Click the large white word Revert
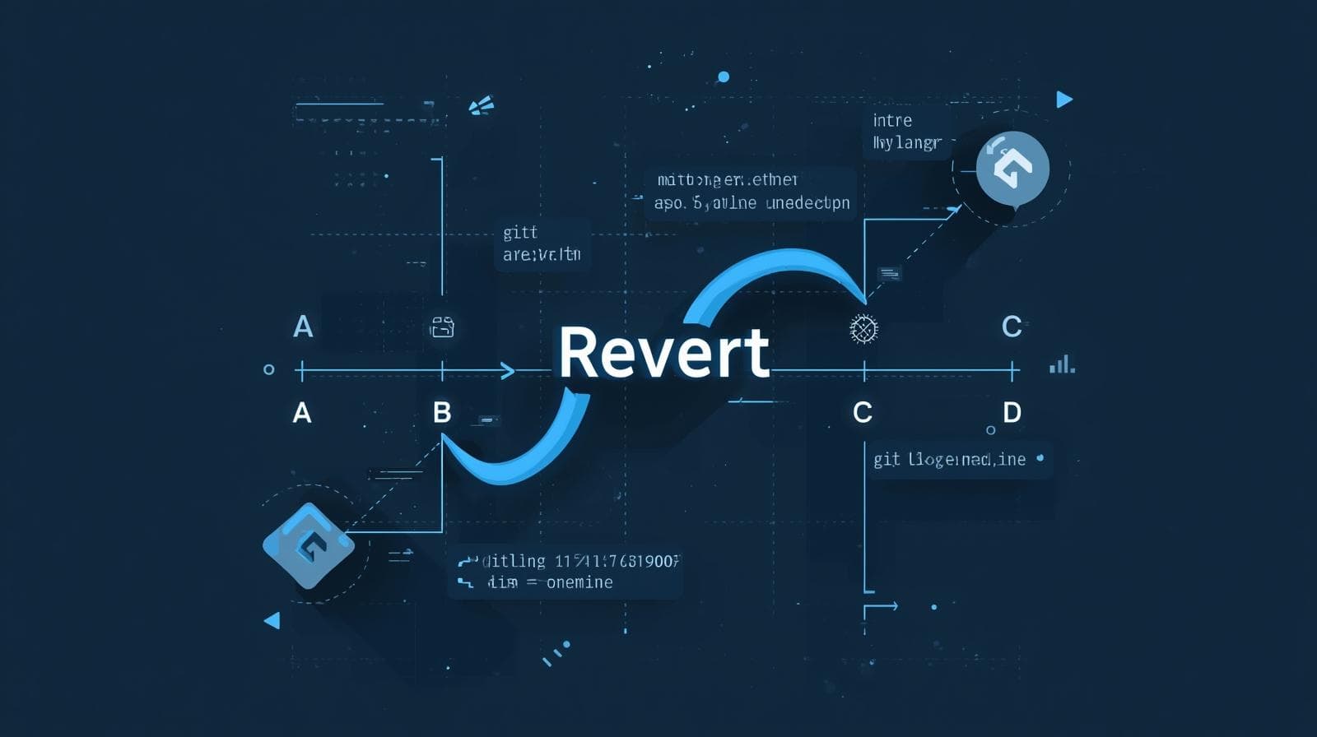click(x=663, y=352)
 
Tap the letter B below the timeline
click(x=442, y=412)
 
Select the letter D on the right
click(x=1012, y=412)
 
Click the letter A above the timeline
click(x=303, y=327)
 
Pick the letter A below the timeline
click(x=302, y=412)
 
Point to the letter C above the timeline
click(x=1012, y=327)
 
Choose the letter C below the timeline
click(x=863, y=412)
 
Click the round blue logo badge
click(x=1012, y=168)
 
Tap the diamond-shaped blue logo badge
click(x=308, y=545)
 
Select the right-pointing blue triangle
click(x=1063, y=100)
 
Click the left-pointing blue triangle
click(x=272, y=620)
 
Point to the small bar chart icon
click(x=1062, y=364)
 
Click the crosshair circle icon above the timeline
click(x=863, y=329)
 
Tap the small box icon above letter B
click(x=443, y=328)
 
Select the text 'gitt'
click(x=520, y=233)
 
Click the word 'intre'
click(x=892, y=121)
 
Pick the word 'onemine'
click(x=579, y=582)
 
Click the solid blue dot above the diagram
click(x=724, y=77)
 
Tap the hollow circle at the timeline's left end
click(x=268, y=370)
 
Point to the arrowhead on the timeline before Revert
click(x=508, y=372)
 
